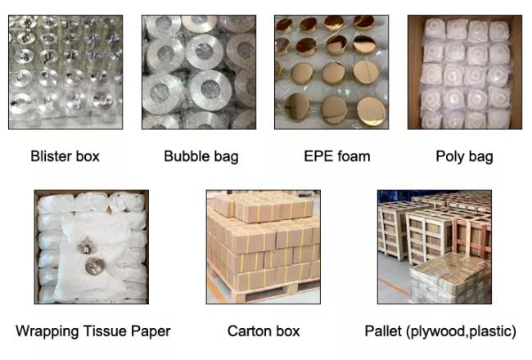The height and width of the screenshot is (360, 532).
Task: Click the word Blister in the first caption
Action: click(51, 156)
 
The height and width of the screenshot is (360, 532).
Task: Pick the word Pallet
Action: click(383, 331)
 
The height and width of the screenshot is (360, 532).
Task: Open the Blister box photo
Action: click(65, 72)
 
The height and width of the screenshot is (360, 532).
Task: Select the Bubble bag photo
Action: click(199, 72)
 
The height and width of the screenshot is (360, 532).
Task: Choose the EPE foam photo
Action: click(331, 72)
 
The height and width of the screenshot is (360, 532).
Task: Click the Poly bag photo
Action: click(465, 72)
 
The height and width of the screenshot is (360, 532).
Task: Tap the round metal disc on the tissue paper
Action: click(95, 266)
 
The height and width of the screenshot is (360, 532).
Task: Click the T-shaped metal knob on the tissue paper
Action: click(87, 245)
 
